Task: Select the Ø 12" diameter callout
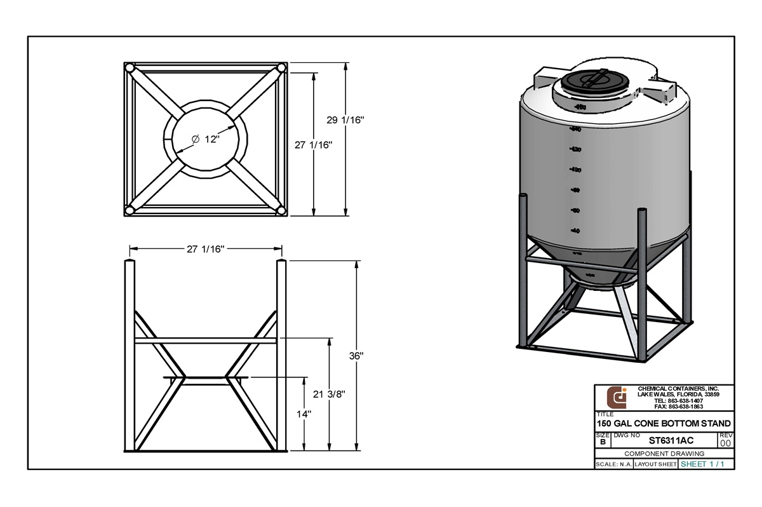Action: click(x=205, y=139)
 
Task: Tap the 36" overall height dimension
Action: click(x=356, y=356)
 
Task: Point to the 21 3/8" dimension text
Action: click(x=328, y=394)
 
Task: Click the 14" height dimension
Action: click(x=305, y=414)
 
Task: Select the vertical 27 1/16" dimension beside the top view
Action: click(x=314, y=145)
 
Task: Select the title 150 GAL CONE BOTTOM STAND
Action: click(x=663, y=423)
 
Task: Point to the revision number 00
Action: click(x=726, y=443)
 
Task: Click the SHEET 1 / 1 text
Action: click(x=702, y=464)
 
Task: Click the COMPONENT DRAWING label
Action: click(x=664, y=454)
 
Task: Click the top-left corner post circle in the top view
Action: click(x=130, y=67)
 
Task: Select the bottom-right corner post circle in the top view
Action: click(x=281, y=210)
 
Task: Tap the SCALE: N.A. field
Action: click(x=613, y=464)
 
